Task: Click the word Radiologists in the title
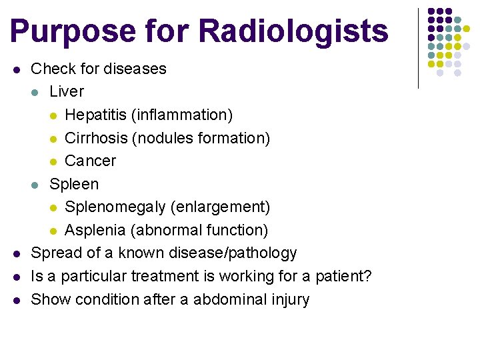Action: click(293, 31)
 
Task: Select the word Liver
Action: click(67, 91)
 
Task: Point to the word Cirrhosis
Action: click(96, 138)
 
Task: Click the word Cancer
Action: click(90, 161)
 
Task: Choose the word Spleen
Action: click(74, 184)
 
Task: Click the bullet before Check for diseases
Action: click(17, 69)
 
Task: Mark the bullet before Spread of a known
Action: click(17, 253)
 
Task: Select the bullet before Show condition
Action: click(17, 299)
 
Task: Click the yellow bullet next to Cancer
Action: click(53, 161)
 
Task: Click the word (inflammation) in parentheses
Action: click(182, 115)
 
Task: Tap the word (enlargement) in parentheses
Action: click(220, 207)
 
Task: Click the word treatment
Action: click(164, 276)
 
